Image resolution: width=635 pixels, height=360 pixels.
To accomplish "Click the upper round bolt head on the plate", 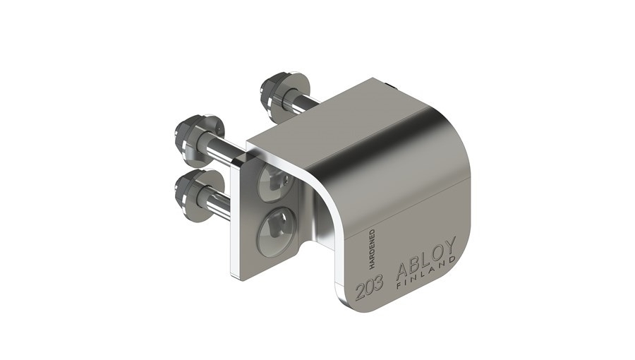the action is pyautogui.click(x=276, y=181).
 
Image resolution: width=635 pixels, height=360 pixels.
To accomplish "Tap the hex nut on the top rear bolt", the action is pyautogui.click(x=272, y=91).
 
